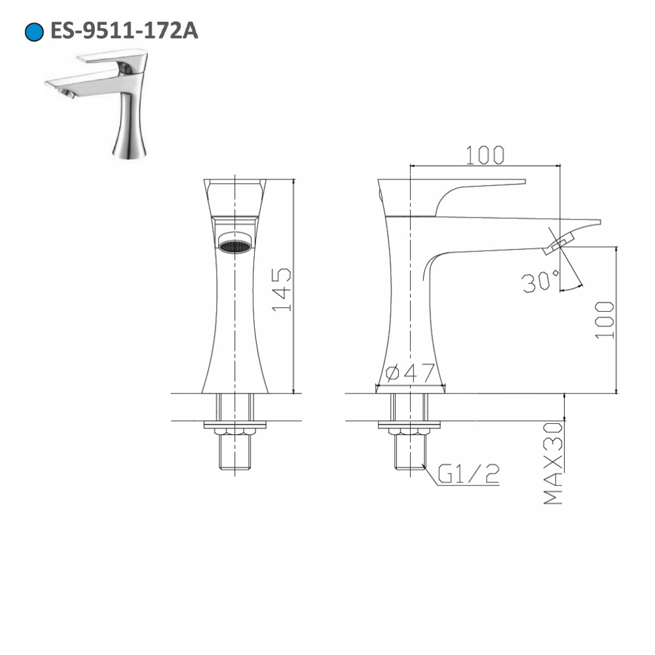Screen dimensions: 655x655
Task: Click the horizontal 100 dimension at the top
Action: [x=485, y=155]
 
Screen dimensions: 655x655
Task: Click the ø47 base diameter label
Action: [x=411, y=373]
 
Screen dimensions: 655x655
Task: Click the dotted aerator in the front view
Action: [x=234, y=247]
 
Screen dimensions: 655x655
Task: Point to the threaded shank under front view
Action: [x=234, y=452]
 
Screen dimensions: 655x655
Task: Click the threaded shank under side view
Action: [x=410, y=452]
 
